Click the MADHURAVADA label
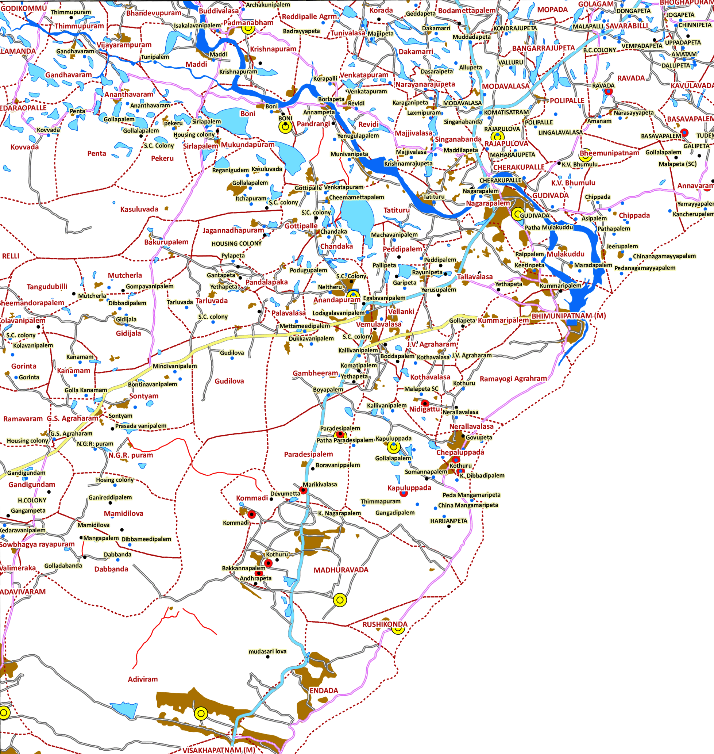341,570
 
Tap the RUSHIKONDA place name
385,624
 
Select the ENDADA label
324,691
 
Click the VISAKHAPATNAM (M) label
219,750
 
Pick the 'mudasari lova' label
267,651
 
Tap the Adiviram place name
143,679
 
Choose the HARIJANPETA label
448,521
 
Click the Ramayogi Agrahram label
513,379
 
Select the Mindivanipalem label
175,366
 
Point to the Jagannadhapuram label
233,230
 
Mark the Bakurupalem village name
166,242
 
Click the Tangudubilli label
47,287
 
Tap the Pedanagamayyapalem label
645,268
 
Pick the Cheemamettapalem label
356,197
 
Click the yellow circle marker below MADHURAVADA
340,600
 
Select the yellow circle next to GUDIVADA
517,214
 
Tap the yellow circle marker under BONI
285,127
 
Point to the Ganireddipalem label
110,497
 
